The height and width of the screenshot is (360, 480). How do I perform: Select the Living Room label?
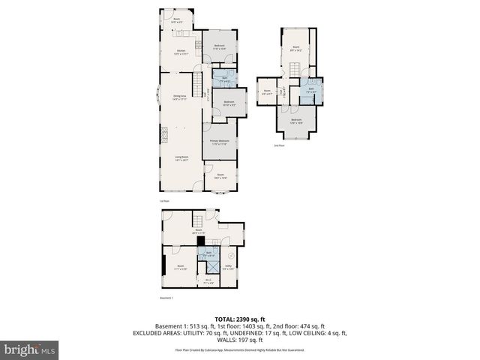[180, 157]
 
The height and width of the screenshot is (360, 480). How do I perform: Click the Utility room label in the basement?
[228, 267]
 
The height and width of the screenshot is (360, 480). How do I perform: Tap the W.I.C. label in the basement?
[208, 282]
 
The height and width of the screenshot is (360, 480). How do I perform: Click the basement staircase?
[199, 220]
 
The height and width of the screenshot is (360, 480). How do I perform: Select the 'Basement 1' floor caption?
[166, 298]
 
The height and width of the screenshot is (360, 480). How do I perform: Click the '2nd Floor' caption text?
[279, 146]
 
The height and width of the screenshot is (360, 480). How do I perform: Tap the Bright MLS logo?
[30, 349]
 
